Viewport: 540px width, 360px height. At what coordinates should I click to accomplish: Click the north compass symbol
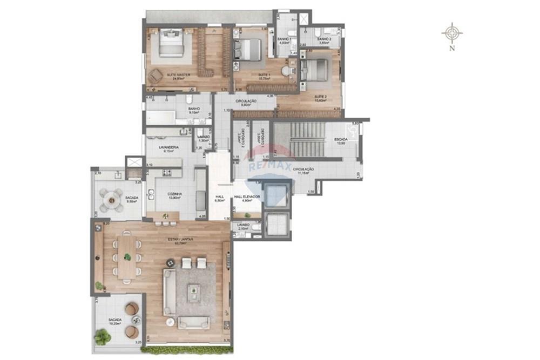coord(451,33)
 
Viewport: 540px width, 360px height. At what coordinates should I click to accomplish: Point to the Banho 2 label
coord(323,39)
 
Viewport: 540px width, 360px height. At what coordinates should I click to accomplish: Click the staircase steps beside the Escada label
coord(308,139)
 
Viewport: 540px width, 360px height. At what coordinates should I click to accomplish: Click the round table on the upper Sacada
coord(112,200)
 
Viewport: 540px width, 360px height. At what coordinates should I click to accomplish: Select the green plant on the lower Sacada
coord(102,338)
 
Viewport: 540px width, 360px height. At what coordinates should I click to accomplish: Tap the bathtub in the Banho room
coord(160,118)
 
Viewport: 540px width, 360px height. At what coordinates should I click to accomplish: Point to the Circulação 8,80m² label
coord(246,102)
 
